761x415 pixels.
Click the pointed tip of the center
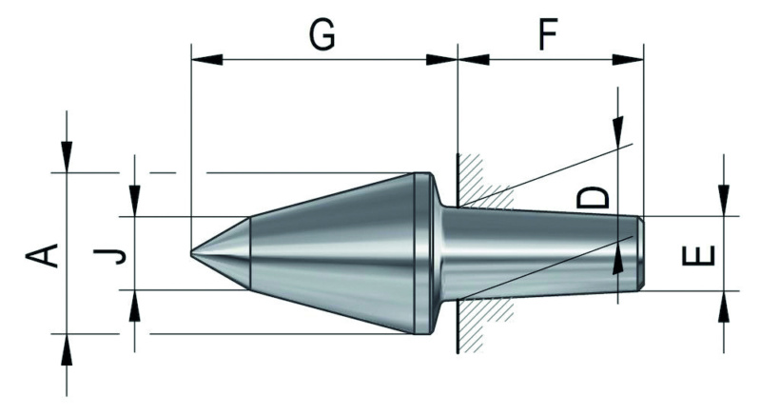coord(193,253)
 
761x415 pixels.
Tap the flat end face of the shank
coord(643,253)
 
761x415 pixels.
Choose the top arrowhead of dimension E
coord(724,202)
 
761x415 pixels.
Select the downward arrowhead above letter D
coord(618,129)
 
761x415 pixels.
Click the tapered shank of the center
coord(542,253)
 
